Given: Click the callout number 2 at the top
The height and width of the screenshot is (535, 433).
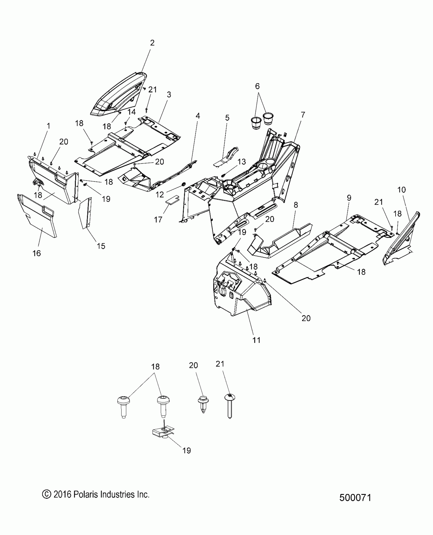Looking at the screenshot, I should (152, 43).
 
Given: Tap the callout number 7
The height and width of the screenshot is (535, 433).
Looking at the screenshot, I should (303, 115).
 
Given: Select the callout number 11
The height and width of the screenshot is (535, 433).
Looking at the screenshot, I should (256, 340).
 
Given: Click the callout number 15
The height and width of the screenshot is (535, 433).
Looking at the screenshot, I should (101, 246).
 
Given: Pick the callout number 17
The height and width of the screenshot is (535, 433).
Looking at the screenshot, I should (158, 219).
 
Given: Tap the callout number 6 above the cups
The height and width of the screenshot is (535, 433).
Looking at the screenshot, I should (257, 86).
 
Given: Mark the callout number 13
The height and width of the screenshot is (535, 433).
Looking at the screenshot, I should (241, 162).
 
